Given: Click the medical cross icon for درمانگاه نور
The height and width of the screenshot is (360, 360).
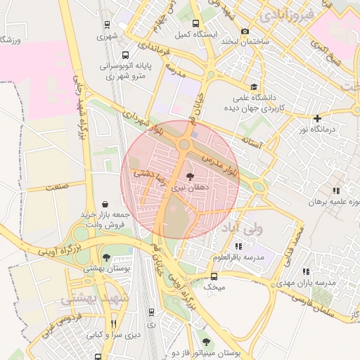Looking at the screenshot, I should coord(318,118).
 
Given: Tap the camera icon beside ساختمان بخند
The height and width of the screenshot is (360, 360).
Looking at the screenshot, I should coord(245,32).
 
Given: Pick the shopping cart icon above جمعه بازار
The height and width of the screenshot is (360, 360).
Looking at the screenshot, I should coord(105,203).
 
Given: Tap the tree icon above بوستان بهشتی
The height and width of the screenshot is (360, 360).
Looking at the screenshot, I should coord(105,257).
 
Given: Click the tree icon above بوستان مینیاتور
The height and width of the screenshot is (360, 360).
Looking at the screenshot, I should coord(205,342).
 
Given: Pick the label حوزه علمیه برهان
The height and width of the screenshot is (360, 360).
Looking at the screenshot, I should coord(328,200).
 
